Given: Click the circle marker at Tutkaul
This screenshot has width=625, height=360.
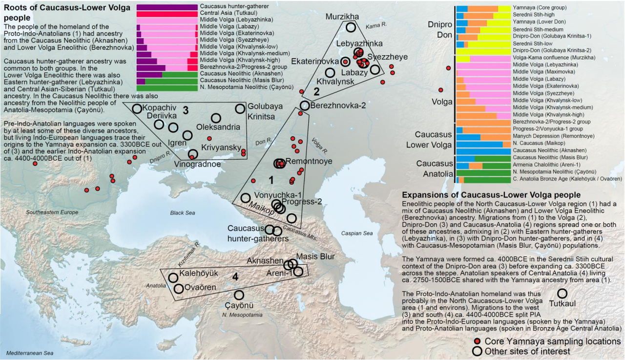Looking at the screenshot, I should pyautogui.click(x=562, y=294).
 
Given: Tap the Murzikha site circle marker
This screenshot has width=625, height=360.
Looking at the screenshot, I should pyautogui.click(x=351, y=27).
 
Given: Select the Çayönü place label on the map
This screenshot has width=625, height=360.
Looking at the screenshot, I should pyautogui.click(x=240, y=306).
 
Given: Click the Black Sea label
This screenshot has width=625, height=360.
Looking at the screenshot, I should pyautogui.click(x=183, y=213).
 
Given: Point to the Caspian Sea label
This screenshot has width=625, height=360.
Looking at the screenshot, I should pyautogui.click(x=357, y=233).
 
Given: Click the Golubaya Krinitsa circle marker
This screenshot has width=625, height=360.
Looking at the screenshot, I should pyautogui.click(x=240, y=109).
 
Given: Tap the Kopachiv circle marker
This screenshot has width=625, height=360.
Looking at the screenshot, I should pyautogui.click(x=137, y=109).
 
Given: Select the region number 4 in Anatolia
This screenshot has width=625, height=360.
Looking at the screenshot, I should pyautogui.click(x=235, y=276).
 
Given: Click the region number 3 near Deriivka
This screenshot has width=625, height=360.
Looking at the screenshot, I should pyautogui.click(x=186, y=110).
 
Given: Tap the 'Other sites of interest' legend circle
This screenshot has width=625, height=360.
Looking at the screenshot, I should pyautogui.click(x=477, y=351).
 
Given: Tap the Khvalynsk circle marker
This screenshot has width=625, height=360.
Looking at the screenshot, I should pyautogui.click(x=330, y=72).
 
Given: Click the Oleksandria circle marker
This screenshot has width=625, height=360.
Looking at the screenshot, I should pyautogui.click(x=216, y=118).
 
